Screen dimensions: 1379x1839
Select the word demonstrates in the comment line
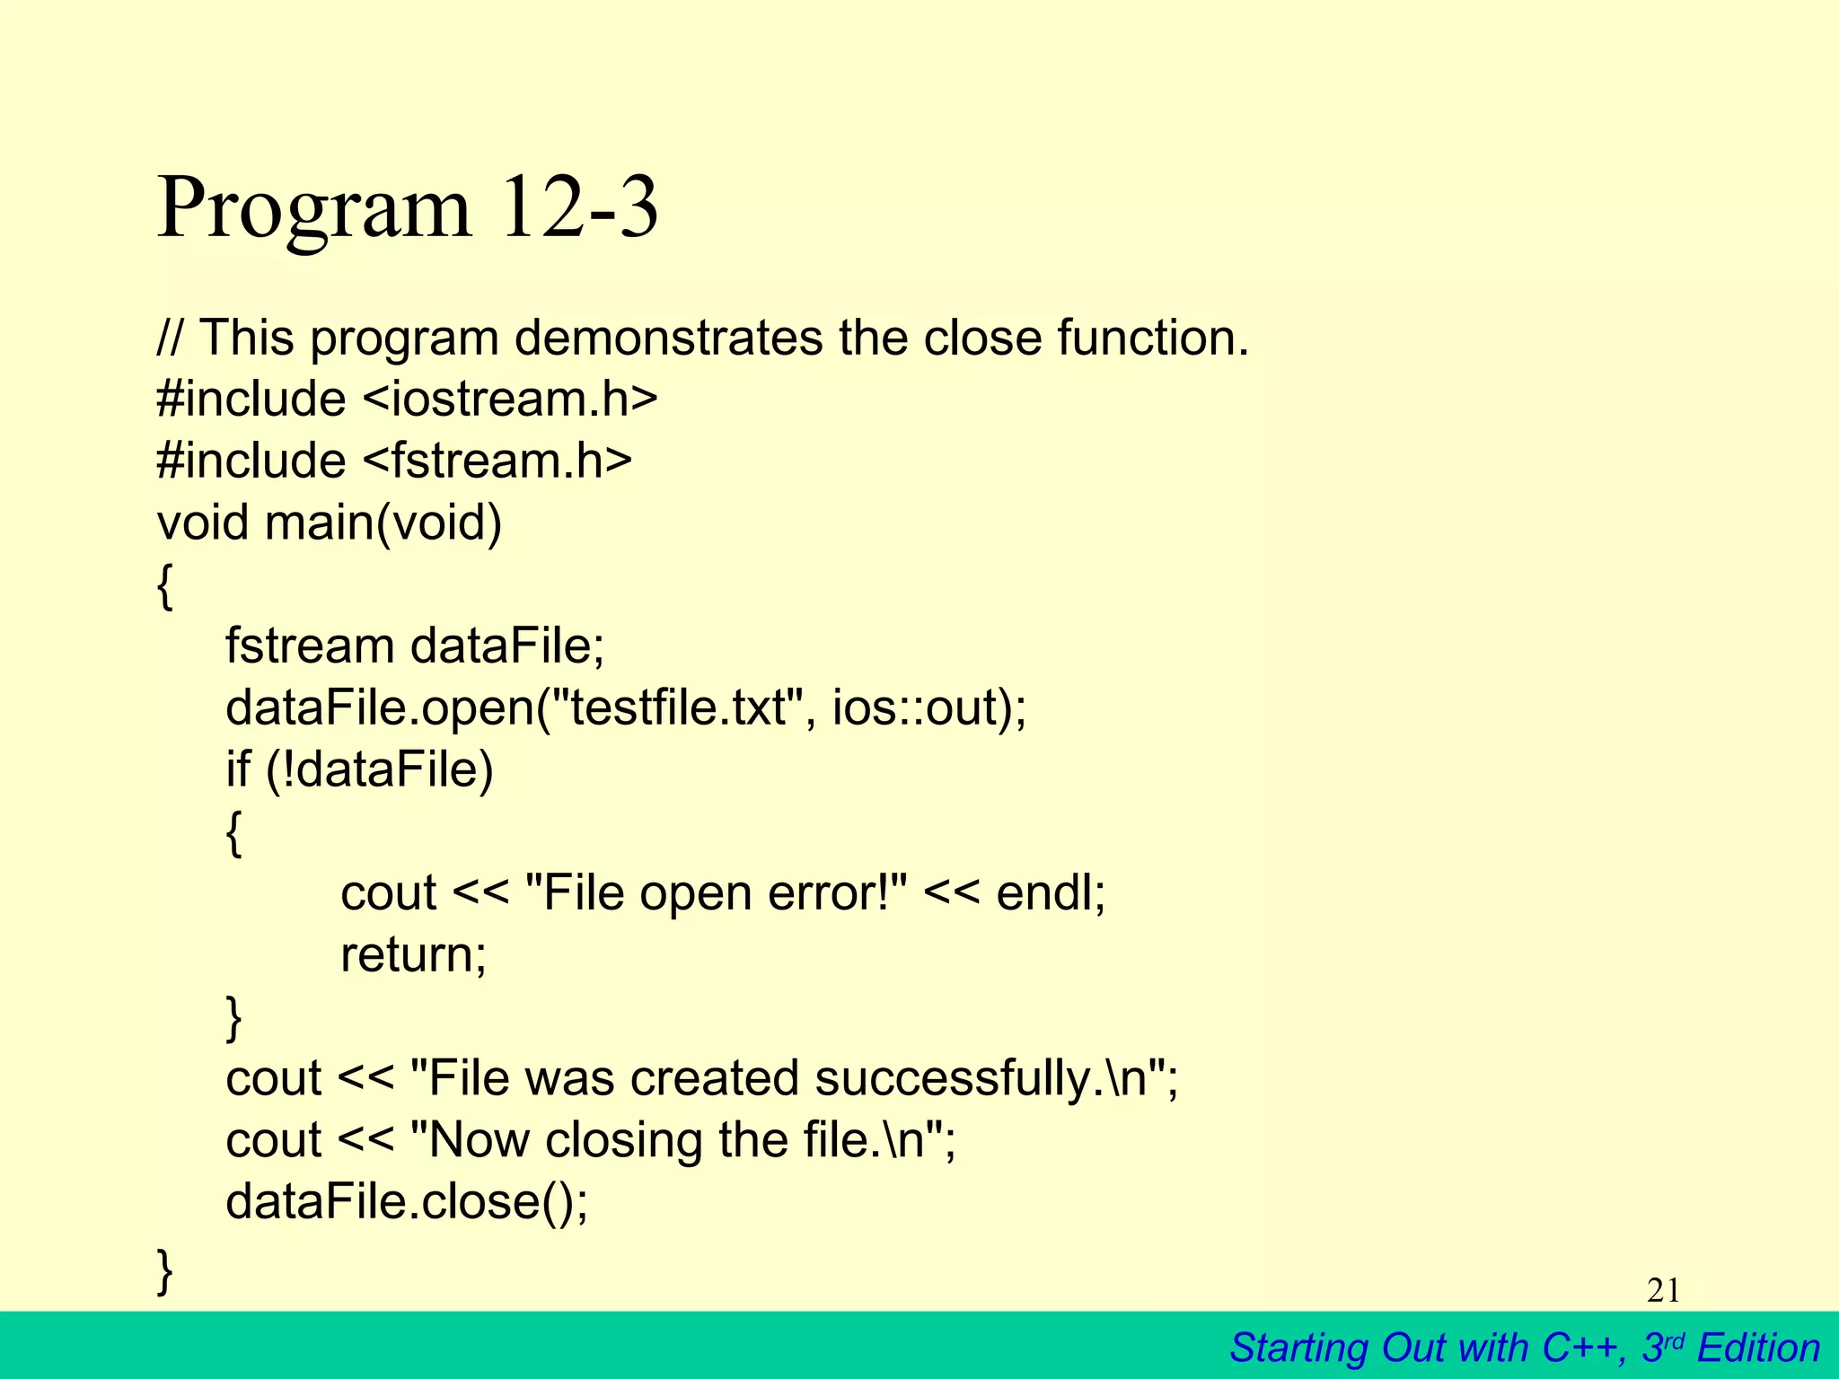pyautogui.click(x=668, y=338)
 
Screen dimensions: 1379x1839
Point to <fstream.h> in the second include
pyautogui.click(x=497, y=461)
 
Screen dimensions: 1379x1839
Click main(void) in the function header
pyautogui.click(x=383, y=523)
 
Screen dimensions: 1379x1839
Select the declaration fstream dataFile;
pyautogui.click(x=415, y=646)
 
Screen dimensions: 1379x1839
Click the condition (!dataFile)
pyautogui.click(x=380, y=769)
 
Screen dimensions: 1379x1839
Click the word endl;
pyautogui.click(x=1051, y=893)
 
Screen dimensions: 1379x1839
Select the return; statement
pyautogui.click(x=413, y=954)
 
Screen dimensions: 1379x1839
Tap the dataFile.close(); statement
pyautogui.click(x=407, y=1201)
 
